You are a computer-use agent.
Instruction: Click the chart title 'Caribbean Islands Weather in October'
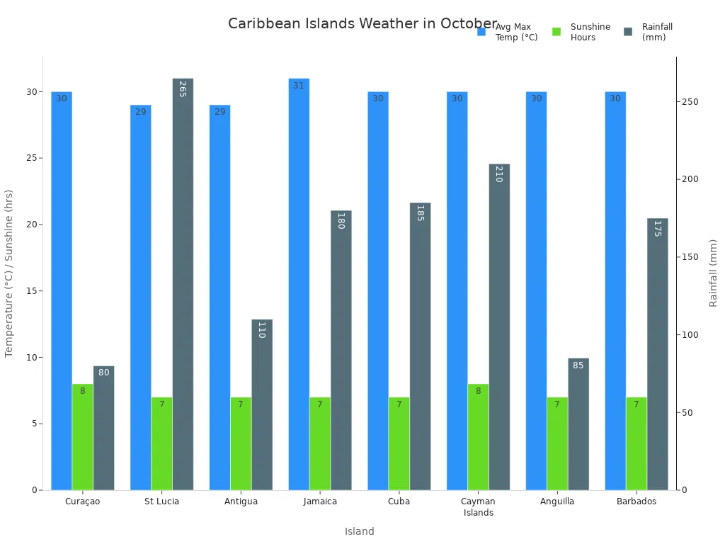click(362, 24)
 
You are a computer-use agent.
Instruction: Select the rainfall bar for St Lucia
click(183, 283)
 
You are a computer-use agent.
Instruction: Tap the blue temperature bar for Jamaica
click(299, 283)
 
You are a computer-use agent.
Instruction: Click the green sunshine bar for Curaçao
click(82, 436)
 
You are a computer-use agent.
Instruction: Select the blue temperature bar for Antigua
click(219, 297)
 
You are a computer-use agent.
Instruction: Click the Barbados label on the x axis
click(636, 501)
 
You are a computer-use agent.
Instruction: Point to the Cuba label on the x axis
click(399, 501)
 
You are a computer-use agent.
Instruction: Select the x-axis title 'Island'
click(360, 531)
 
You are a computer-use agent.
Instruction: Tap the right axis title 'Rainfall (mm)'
click(713, 273)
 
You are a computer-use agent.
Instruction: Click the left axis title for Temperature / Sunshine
click(9, 273)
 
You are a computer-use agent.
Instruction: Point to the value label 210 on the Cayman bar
click(498, 174)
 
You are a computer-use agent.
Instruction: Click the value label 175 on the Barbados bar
click(657, 228)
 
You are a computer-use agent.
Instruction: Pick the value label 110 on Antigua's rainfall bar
click(261, 329)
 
